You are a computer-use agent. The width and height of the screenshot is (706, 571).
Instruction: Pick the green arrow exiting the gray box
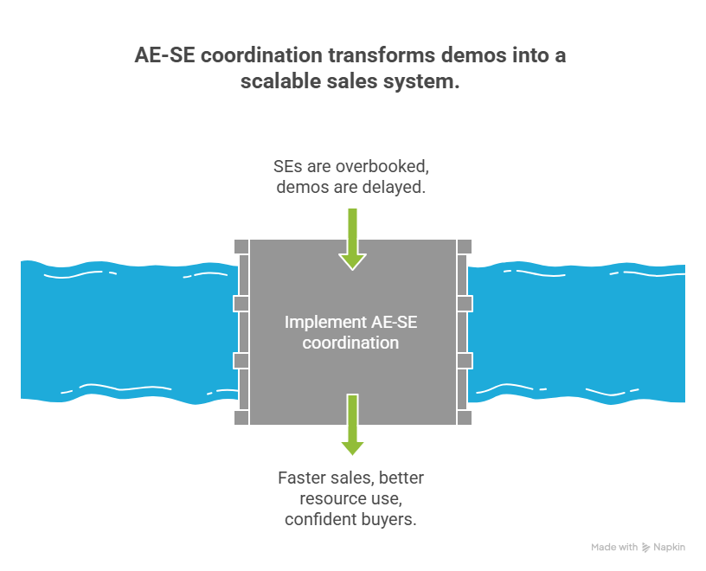point(352,425)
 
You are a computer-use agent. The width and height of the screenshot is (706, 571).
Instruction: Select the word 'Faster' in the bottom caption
point(301,478)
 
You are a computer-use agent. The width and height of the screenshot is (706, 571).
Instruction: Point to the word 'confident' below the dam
point(319,519)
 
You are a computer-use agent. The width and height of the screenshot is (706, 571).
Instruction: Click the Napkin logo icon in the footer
point(645,548)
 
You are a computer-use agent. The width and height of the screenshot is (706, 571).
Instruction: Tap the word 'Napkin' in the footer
point(670,548)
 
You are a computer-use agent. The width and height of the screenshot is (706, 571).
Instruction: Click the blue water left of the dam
point(121,329)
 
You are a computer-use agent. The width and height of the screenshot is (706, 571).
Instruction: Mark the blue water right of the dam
point(580,329)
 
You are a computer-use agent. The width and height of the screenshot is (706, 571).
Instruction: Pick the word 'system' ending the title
point(426,82)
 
